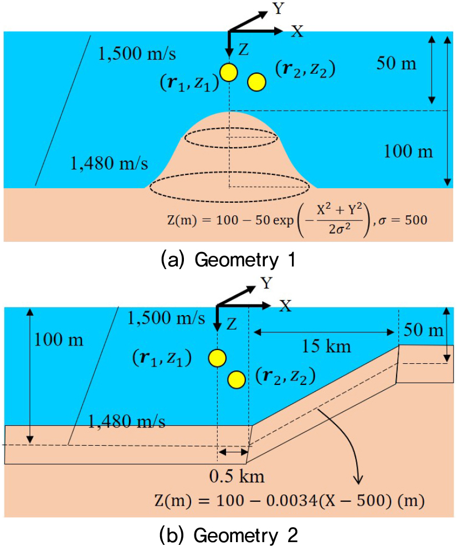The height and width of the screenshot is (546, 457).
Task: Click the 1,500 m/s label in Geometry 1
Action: click(137, 54)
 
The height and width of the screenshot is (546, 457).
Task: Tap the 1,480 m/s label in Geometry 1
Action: click(109, 163)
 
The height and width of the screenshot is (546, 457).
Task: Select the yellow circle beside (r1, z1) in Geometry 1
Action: click(229, 73)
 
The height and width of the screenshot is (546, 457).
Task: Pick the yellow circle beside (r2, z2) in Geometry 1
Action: click(256, 82)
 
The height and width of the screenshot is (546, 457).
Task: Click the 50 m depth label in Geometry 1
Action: click(397, 63)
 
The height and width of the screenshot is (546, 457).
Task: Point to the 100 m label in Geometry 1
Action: click(408, 152)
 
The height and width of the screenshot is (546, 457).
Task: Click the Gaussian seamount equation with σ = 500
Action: click(297, 220)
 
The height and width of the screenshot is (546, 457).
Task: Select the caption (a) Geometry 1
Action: click(228, 260)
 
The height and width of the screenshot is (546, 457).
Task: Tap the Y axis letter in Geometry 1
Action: click(278, 8)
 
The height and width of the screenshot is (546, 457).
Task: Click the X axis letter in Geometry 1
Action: click(297, 32)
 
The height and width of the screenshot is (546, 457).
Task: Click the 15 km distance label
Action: click(326, 347)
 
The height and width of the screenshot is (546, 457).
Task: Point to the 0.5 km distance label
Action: click(237, 476)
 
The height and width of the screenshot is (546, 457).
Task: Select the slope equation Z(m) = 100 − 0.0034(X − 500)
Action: click(290, 501)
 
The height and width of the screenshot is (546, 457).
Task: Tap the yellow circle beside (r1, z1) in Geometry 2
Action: click(217, 358)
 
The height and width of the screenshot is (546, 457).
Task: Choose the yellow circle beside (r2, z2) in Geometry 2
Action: click(237, 379)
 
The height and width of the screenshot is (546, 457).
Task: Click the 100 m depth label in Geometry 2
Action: click(59, 339)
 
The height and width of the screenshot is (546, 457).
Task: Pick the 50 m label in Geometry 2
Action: click(424, 329)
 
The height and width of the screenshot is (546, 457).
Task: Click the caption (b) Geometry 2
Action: click(228, 535)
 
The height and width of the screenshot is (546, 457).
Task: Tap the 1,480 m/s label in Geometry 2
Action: click(126, 421)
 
